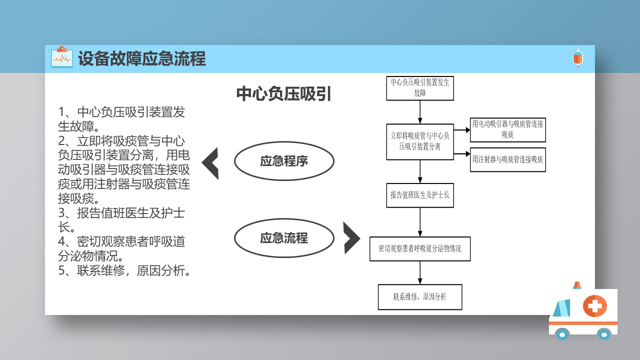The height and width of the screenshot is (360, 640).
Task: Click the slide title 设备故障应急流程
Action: [142, 59]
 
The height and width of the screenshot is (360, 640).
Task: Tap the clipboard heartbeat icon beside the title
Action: [62, 57]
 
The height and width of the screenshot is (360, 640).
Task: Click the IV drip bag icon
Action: [577, 58]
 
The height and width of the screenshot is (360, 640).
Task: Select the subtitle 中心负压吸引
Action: [283, 94]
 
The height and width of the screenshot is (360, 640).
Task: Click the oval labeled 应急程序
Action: [284, 161]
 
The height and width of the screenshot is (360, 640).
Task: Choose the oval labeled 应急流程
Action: [284, 238]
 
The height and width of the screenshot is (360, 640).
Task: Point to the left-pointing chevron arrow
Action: [210, 163]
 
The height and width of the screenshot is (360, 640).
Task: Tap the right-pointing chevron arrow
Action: [351, 238]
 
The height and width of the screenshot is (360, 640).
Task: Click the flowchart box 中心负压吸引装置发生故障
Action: [420, 88]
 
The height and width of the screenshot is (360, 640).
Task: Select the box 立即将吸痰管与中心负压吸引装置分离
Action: [420, 141]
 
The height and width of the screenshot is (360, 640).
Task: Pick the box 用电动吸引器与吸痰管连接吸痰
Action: [507, 130]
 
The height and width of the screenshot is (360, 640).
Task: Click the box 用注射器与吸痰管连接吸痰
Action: [507, 160]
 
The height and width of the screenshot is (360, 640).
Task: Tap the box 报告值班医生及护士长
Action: [420, 195]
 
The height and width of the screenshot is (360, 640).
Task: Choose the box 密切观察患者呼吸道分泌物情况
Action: [420, 248]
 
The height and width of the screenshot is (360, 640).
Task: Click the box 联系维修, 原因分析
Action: [420, 297]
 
